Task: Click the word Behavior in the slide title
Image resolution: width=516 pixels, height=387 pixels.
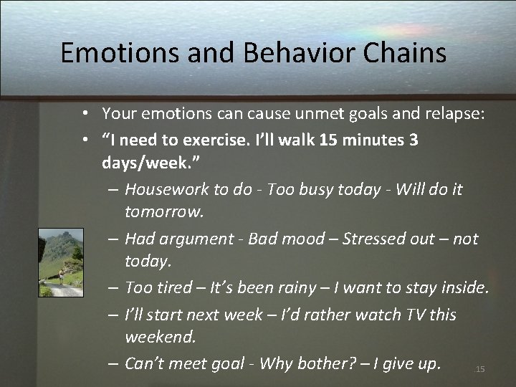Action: click(x=274, y=54)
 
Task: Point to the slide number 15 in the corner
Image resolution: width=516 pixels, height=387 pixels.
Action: click(x=480, y=369)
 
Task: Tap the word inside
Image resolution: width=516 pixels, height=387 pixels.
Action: click(x=463, y=288)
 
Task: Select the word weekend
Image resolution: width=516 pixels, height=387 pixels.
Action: click(x=159, y=337)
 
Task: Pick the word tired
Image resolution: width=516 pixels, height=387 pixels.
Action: click(x=173, y=288)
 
